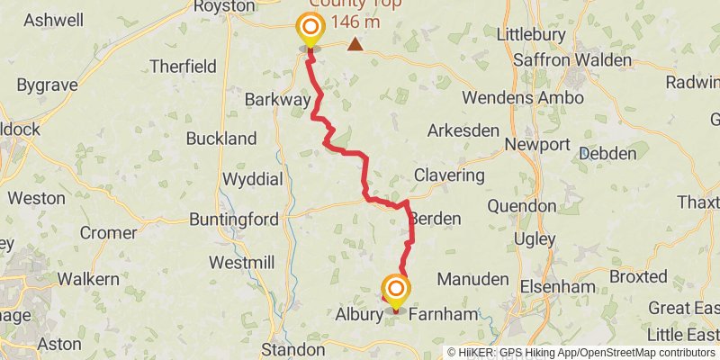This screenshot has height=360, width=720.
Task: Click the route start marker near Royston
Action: click(x=310, y=28)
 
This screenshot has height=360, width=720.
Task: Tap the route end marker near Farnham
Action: click(x=395, y=289)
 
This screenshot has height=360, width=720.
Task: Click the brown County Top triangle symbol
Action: click(x=356, y=43)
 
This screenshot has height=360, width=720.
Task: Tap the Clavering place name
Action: click(x=449, y=175)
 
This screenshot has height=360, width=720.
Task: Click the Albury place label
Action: click(x=360, y=316)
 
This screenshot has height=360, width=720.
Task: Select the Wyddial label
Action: click(x=252, y=178)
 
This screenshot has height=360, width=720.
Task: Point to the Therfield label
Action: click(x=184, y=66)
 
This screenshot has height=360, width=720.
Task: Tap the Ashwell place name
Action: click(x=54, y=20)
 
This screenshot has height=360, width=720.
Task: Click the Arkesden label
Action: click(x=463, y=130)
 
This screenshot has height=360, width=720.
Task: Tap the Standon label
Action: click(x=292, y=349)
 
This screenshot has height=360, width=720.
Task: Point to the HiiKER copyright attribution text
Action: click(x=581, y=353)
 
